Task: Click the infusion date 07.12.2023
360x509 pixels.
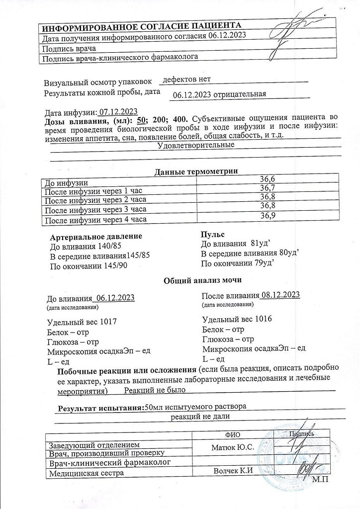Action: tap(118, 111)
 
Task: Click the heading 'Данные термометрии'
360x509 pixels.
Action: tap(196, 171)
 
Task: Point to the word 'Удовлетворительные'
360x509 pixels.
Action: tap(196, 146)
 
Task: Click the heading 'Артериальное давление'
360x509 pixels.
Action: tap(96, 236)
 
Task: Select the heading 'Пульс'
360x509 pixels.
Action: tap(212, 234)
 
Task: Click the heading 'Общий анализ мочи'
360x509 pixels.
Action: tap(196, 281)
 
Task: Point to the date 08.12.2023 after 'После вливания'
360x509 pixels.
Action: tap(280, 295)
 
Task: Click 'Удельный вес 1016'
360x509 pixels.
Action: tap(239, 319)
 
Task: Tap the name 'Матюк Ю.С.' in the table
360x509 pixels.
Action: tap(233, 447)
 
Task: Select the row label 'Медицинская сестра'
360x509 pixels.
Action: tap(85, 473)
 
